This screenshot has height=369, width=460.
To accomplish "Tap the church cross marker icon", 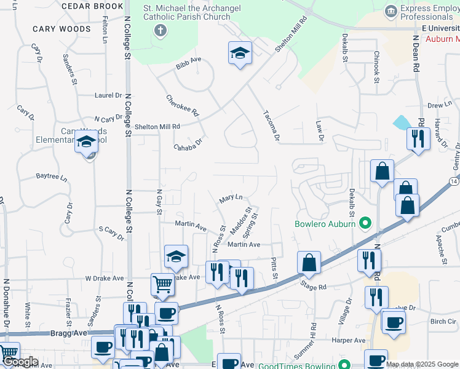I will [161, 31].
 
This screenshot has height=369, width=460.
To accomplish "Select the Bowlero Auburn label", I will [325, 224].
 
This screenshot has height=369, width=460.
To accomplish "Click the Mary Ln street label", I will [231, 199].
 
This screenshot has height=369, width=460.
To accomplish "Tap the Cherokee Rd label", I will [183, 106].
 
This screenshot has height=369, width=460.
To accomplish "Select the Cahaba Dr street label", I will [188, 146].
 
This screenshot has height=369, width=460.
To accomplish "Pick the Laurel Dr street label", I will [108, 95].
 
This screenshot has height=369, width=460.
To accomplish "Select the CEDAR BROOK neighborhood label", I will [92, 6].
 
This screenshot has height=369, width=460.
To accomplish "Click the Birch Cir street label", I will [443, 321].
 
